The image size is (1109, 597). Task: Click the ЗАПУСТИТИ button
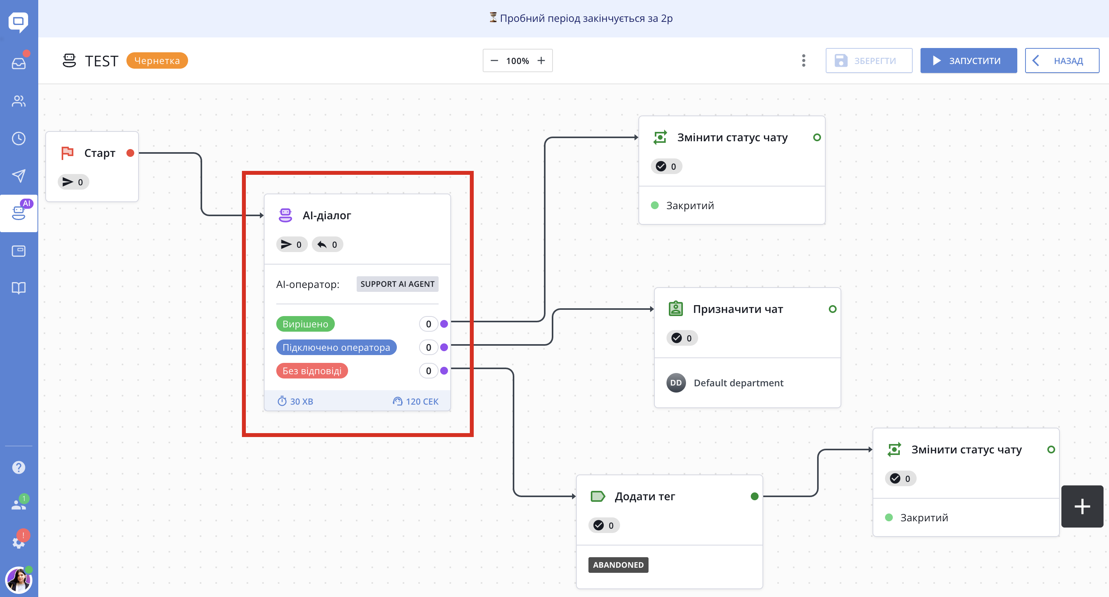click(x=968, y=61)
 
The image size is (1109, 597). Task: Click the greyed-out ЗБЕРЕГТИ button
click(x=868, y=61)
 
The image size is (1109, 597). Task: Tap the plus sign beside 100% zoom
click(x=541, y=61)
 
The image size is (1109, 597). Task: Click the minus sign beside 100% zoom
click(x=494, y=61)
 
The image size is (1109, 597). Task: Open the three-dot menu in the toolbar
click(x=803, y=61)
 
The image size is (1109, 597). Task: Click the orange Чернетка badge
click(x=157, y=61)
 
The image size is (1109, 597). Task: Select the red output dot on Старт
click(x=130, y=153)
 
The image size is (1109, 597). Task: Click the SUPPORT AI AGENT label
click(x=397, y=284)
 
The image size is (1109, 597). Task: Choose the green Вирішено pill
click(x=305, y=324)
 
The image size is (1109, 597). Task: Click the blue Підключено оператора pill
click(x=336, y=347)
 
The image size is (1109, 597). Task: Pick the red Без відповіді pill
click(x=312, y=371)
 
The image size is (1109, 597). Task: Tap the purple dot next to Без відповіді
click(x=444, y=371)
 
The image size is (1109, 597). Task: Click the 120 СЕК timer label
click(x=416, y=401)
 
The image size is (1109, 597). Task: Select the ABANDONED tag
click(x=618, y=565)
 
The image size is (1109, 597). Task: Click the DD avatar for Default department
click(x=676, y=383)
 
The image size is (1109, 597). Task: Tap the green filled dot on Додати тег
click(x=754, y=496)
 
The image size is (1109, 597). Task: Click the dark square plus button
click(x=1082, y=506)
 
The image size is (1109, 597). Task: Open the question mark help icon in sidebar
click(x=18, y=467)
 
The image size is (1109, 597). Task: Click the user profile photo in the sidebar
click(x=18, y=580)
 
